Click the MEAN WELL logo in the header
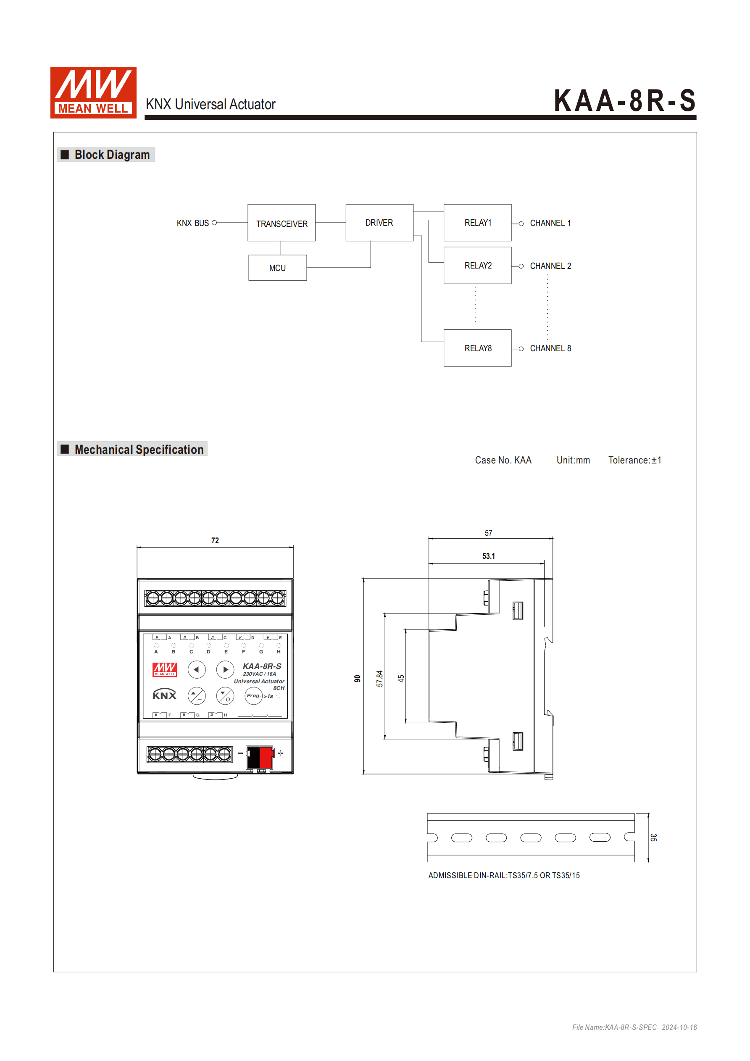coord(93,92)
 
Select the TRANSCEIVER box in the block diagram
coord(282,223)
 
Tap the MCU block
coord(277,268)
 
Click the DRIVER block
coord(379,223)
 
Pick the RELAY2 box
coord(477,266)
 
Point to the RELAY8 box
coord(477,348)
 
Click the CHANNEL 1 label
coord(550,223)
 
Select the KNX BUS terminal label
coord(193,223)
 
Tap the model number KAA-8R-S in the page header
coord(624,101)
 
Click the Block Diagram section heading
coord(112,155)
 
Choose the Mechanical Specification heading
coord(139,450)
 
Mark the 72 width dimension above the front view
coord(215,541)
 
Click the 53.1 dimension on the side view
coord(489,556)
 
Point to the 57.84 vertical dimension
coord(380,678)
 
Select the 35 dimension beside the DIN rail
coord(653,838)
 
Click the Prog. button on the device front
coord(253,695)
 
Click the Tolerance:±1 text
coord(634,460)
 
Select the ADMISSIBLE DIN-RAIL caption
coord(504,876)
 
